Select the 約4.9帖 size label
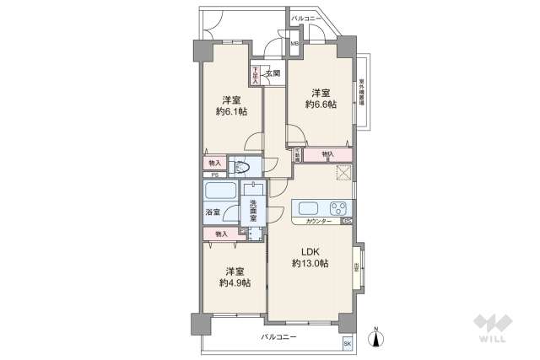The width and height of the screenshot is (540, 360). click(235, 284)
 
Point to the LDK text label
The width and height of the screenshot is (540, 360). click(310, 250)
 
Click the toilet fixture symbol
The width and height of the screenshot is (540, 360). click(240, 167)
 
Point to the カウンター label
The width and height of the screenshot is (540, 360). click(317, 221)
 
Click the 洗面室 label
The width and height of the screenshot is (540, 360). click(251, 208)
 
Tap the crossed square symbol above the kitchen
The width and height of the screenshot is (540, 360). click(342, 175)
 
